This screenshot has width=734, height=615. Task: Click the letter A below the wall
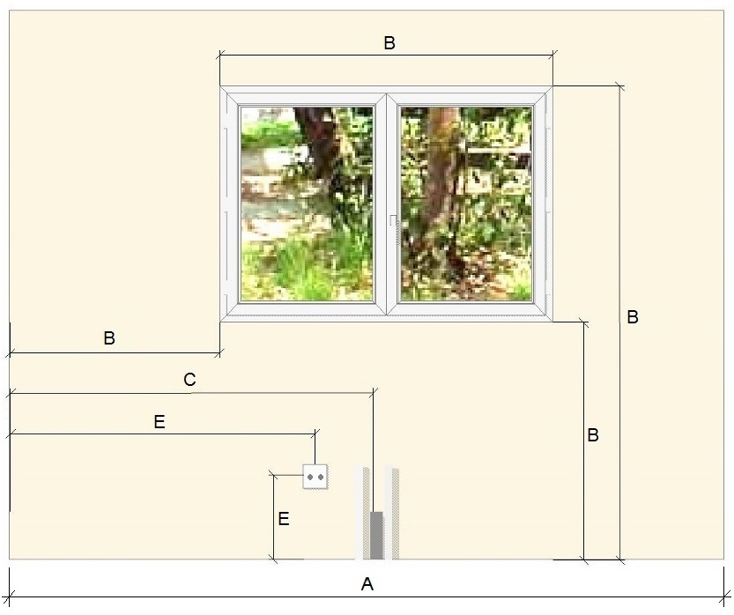[x=367, y=584]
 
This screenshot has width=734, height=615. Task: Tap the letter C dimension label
[x=189, y=380]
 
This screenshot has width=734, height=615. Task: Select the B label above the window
[x=389, y=43]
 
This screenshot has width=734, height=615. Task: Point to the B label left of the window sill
[x=109, y=338]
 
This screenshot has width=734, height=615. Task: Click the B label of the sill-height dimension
[x=593, y=434]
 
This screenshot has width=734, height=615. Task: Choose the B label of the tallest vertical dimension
[x=633, y=317]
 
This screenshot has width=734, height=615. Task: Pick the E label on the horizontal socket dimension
[x=159, y=422]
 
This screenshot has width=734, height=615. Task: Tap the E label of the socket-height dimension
[x=284, y=519]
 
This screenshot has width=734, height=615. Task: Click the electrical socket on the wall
[x=315, y=477]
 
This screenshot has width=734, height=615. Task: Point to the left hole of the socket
[x=310, y=477]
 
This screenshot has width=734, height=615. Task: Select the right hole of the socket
[x=320, y=477]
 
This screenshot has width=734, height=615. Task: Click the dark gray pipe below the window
[x=376, y=536]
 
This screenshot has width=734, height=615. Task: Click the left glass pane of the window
[x=307, y=204]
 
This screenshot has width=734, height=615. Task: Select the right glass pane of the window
[x=466, y=204]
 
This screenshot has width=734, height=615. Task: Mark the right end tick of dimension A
[x=724, y=596]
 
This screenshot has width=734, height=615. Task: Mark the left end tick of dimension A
[x=10, y=596]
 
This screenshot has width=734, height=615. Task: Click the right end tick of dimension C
[x=373, y=393]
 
